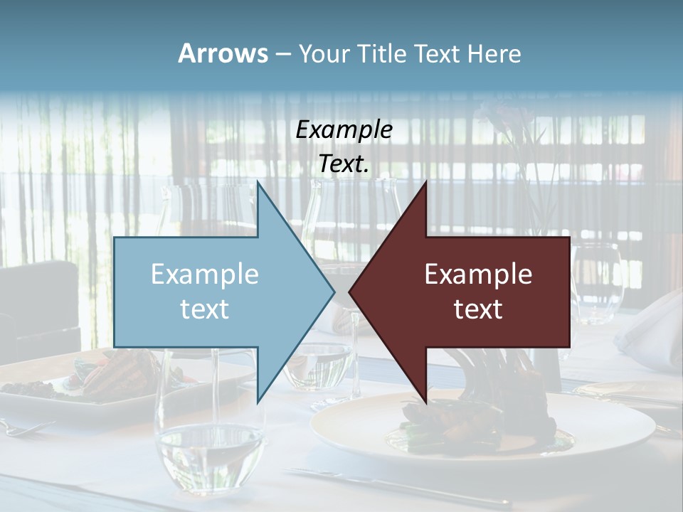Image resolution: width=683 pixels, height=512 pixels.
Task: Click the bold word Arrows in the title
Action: [223, 53]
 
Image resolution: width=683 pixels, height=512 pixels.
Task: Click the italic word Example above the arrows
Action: [344, 129]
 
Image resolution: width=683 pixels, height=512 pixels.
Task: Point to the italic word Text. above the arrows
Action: [344, 164]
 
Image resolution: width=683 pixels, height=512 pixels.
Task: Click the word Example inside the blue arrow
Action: [205, 274]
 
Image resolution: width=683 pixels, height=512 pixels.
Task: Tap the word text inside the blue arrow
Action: [205, 309]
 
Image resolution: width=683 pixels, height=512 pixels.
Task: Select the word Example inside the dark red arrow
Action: [478, 274]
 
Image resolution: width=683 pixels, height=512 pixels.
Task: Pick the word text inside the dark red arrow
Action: [478, 309]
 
